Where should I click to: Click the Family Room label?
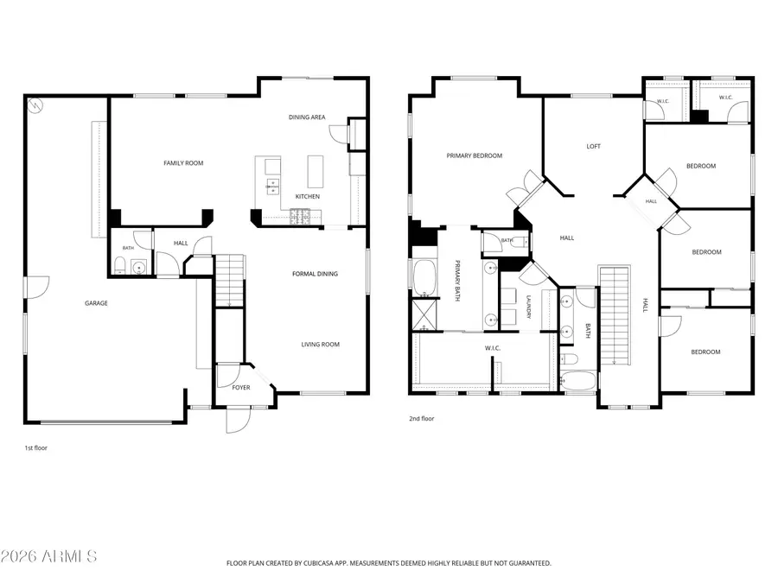tap(183, 163)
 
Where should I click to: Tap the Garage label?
tap(96, 303)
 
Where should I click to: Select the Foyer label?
tap(241, 387)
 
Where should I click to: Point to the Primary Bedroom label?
tap(475, 155)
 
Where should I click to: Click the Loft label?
tap(593, 146)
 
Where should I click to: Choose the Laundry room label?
tap(528, 307)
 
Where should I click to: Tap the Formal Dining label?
tap(315, 274)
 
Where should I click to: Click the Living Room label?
tap(321, 345)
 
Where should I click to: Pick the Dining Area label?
tap(307, 117)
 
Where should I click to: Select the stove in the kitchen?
tap(300, 216)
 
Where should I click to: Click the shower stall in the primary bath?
tap(424, 314)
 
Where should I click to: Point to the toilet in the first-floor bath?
tap(119, 265)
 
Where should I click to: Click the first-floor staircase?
tap(230, 281)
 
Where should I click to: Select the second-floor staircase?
tap(615, 315)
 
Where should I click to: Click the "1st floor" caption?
tap(35, 448)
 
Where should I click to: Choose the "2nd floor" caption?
tap(421, 419)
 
